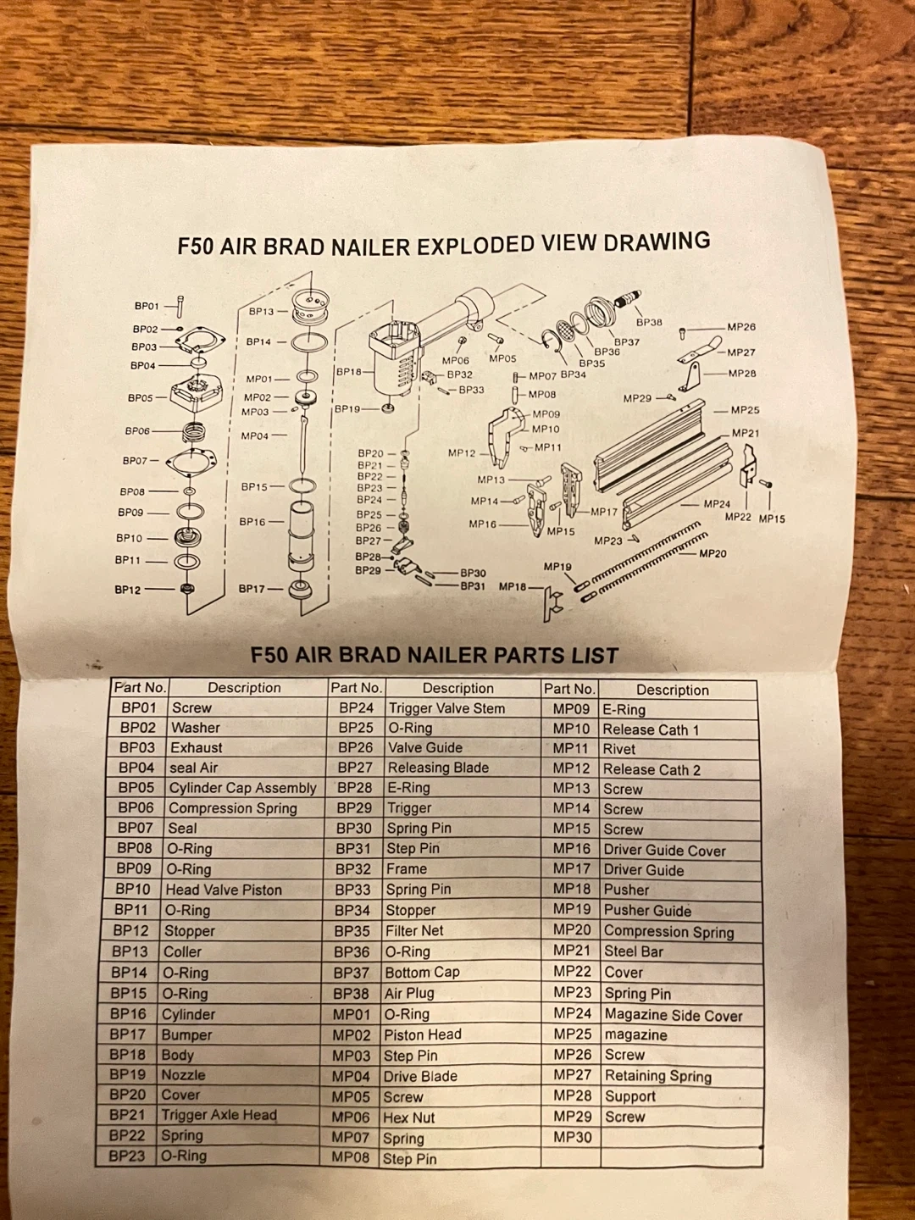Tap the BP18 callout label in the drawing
[348, 371]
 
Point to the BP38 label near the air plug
[649, 322]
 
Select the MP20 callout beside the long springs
[713, 553]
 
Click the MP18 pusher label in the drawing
[513, 585]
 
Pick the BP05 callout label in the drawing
[140, 398]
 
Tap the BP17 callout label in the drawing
[252, 589]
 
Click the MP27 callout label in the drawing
[741, 352]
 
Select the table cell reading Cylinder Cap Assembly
[243, 788]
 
